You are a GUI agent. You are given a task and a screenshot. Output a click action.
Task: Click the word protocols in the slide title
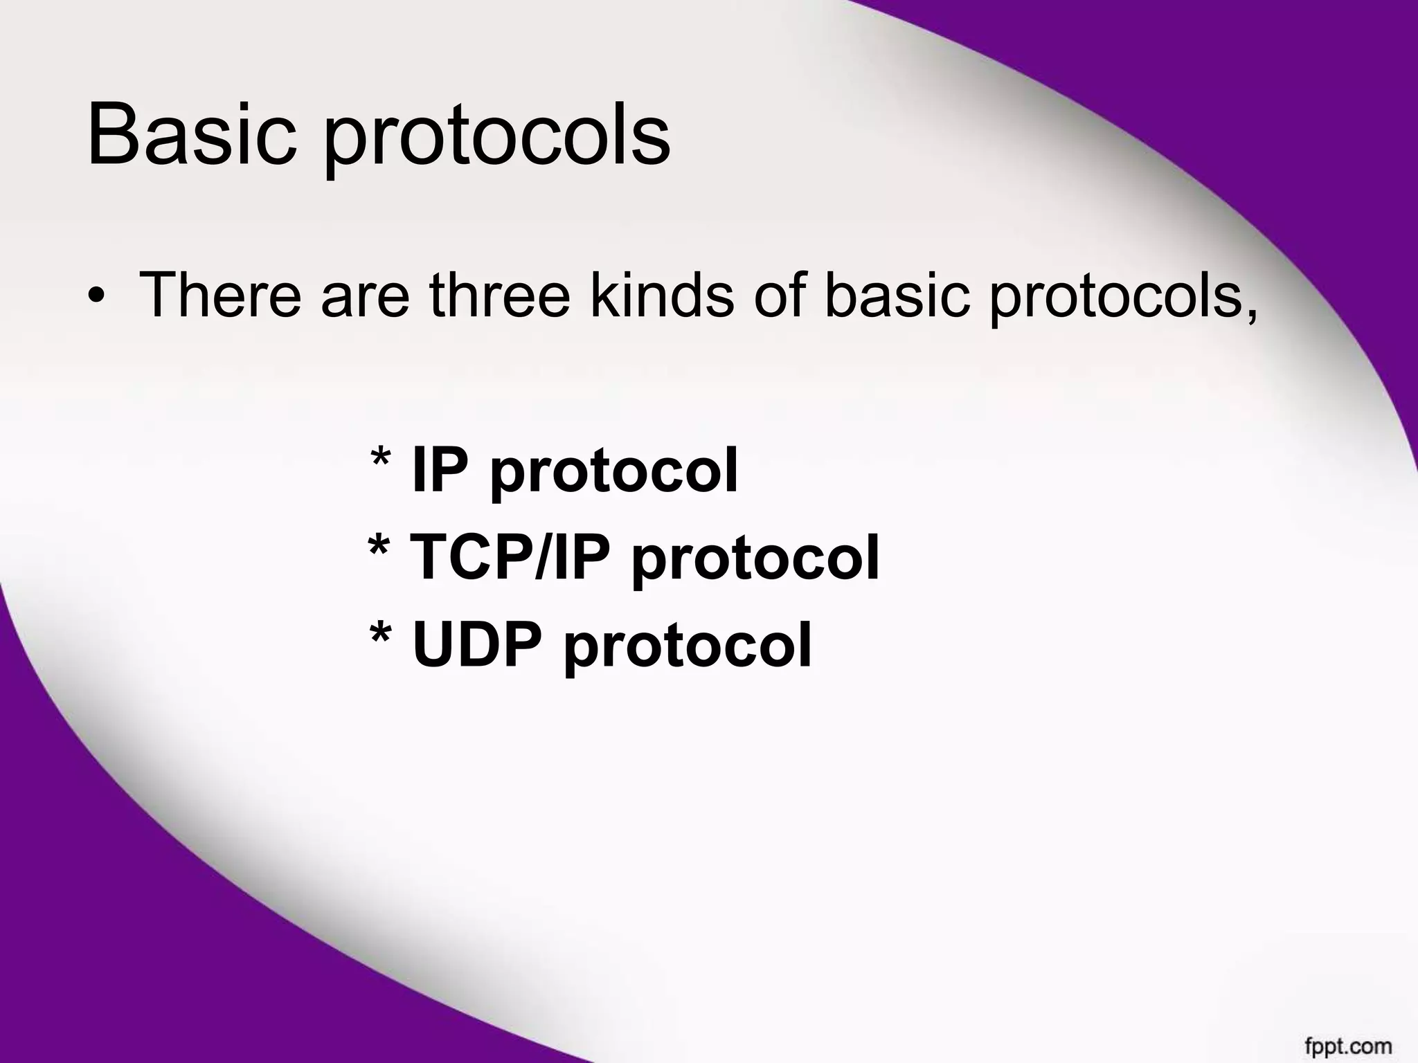[497, 138]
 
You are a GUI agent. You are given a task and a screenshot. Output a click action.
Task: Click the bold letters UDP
[477, 644]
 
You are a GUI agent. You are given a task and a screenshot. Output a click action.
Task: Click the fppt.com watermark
[1348, 1044]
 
